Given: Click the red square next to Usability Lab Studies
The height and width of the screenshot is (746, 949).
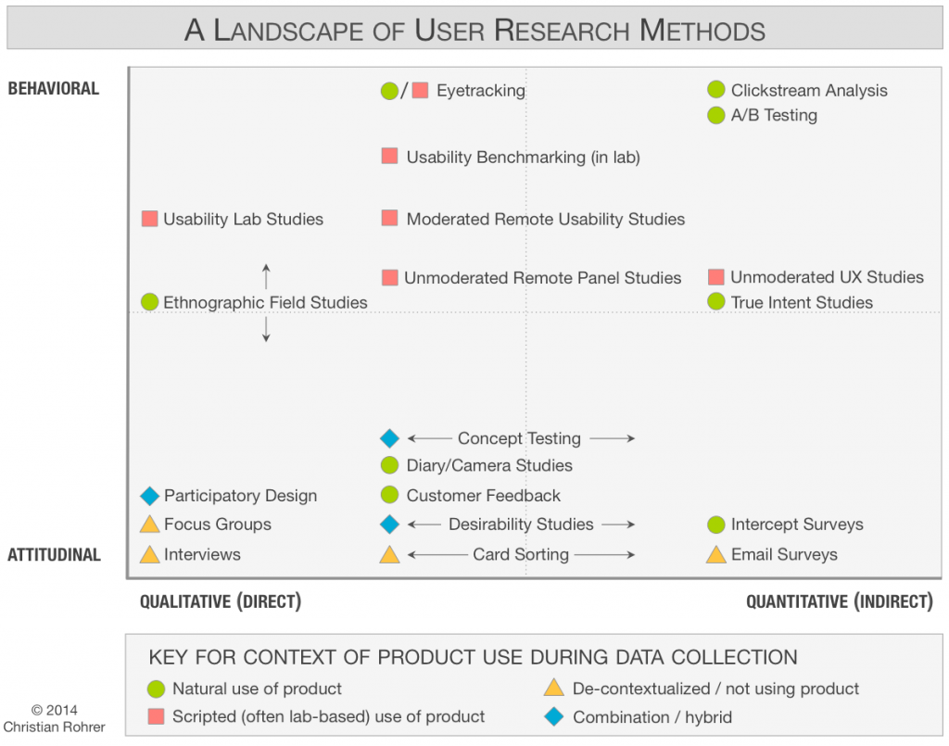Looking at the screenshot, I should [x=149, y=220].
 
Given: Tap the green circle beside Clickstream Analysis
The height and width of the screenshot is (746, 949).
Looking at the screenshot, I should [x=715, y=90].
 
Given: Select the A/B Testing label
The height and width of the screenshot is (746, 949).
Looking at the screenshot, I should [x=774, y=115].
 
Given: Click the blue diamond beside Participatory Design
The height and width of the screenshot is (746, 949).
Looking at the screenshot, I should [x=149, y=496].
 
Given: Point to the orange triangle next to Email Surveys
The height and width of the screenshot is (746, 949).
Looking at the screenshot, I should [x=715, y=555].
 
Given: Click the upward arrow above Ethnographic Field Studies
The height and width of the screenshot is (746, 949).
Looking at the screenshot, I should [x=266, y=276].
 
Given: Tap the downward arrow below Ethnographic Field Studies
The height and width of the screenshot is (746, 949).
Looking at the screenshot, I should [x=266, y=329].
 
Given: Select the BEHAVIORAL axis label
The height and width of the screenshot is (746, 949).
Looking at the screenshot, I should [x=53, y=89].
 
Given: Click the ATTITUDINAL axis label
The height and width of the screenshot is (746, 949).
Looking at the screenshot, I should [x=54, y=555].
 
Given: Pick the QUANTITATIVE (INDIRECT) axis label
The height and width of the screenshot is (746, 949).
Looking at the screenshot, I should [x=839, y=601].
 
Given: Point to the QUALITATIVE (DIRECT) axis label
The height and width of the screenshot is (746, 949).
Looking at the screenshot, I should [x=221, y=601].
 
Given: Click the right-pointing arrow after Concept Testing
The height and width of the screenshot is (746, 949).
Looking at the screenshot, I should [x=612, y=438].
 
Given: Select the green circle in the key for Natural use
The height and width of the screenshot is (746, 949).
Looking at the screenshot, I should [x=156, y=689].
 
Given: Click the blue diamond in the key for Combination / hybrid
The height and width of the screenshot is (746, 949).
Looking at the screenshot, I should [x=554, y=717].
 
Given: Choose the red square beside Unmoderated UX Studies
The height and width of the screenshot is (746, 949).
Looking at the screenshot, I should [x=715, y=277].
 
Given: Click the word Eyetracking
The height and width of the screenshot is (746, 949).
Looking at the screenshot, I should [x=480, y=91].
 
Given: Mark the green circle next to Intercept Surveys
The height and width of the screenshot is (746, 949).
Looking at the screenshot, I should [x=715, y=525].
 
